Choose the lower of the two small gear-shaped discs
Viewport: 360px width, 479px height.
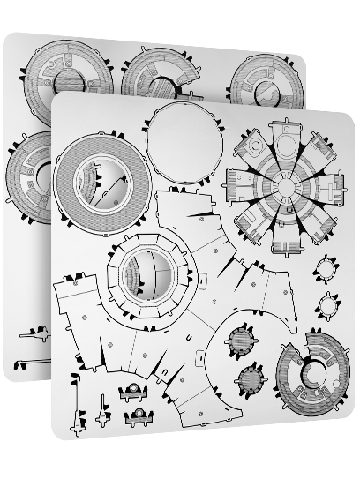[x=328, y=305]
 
